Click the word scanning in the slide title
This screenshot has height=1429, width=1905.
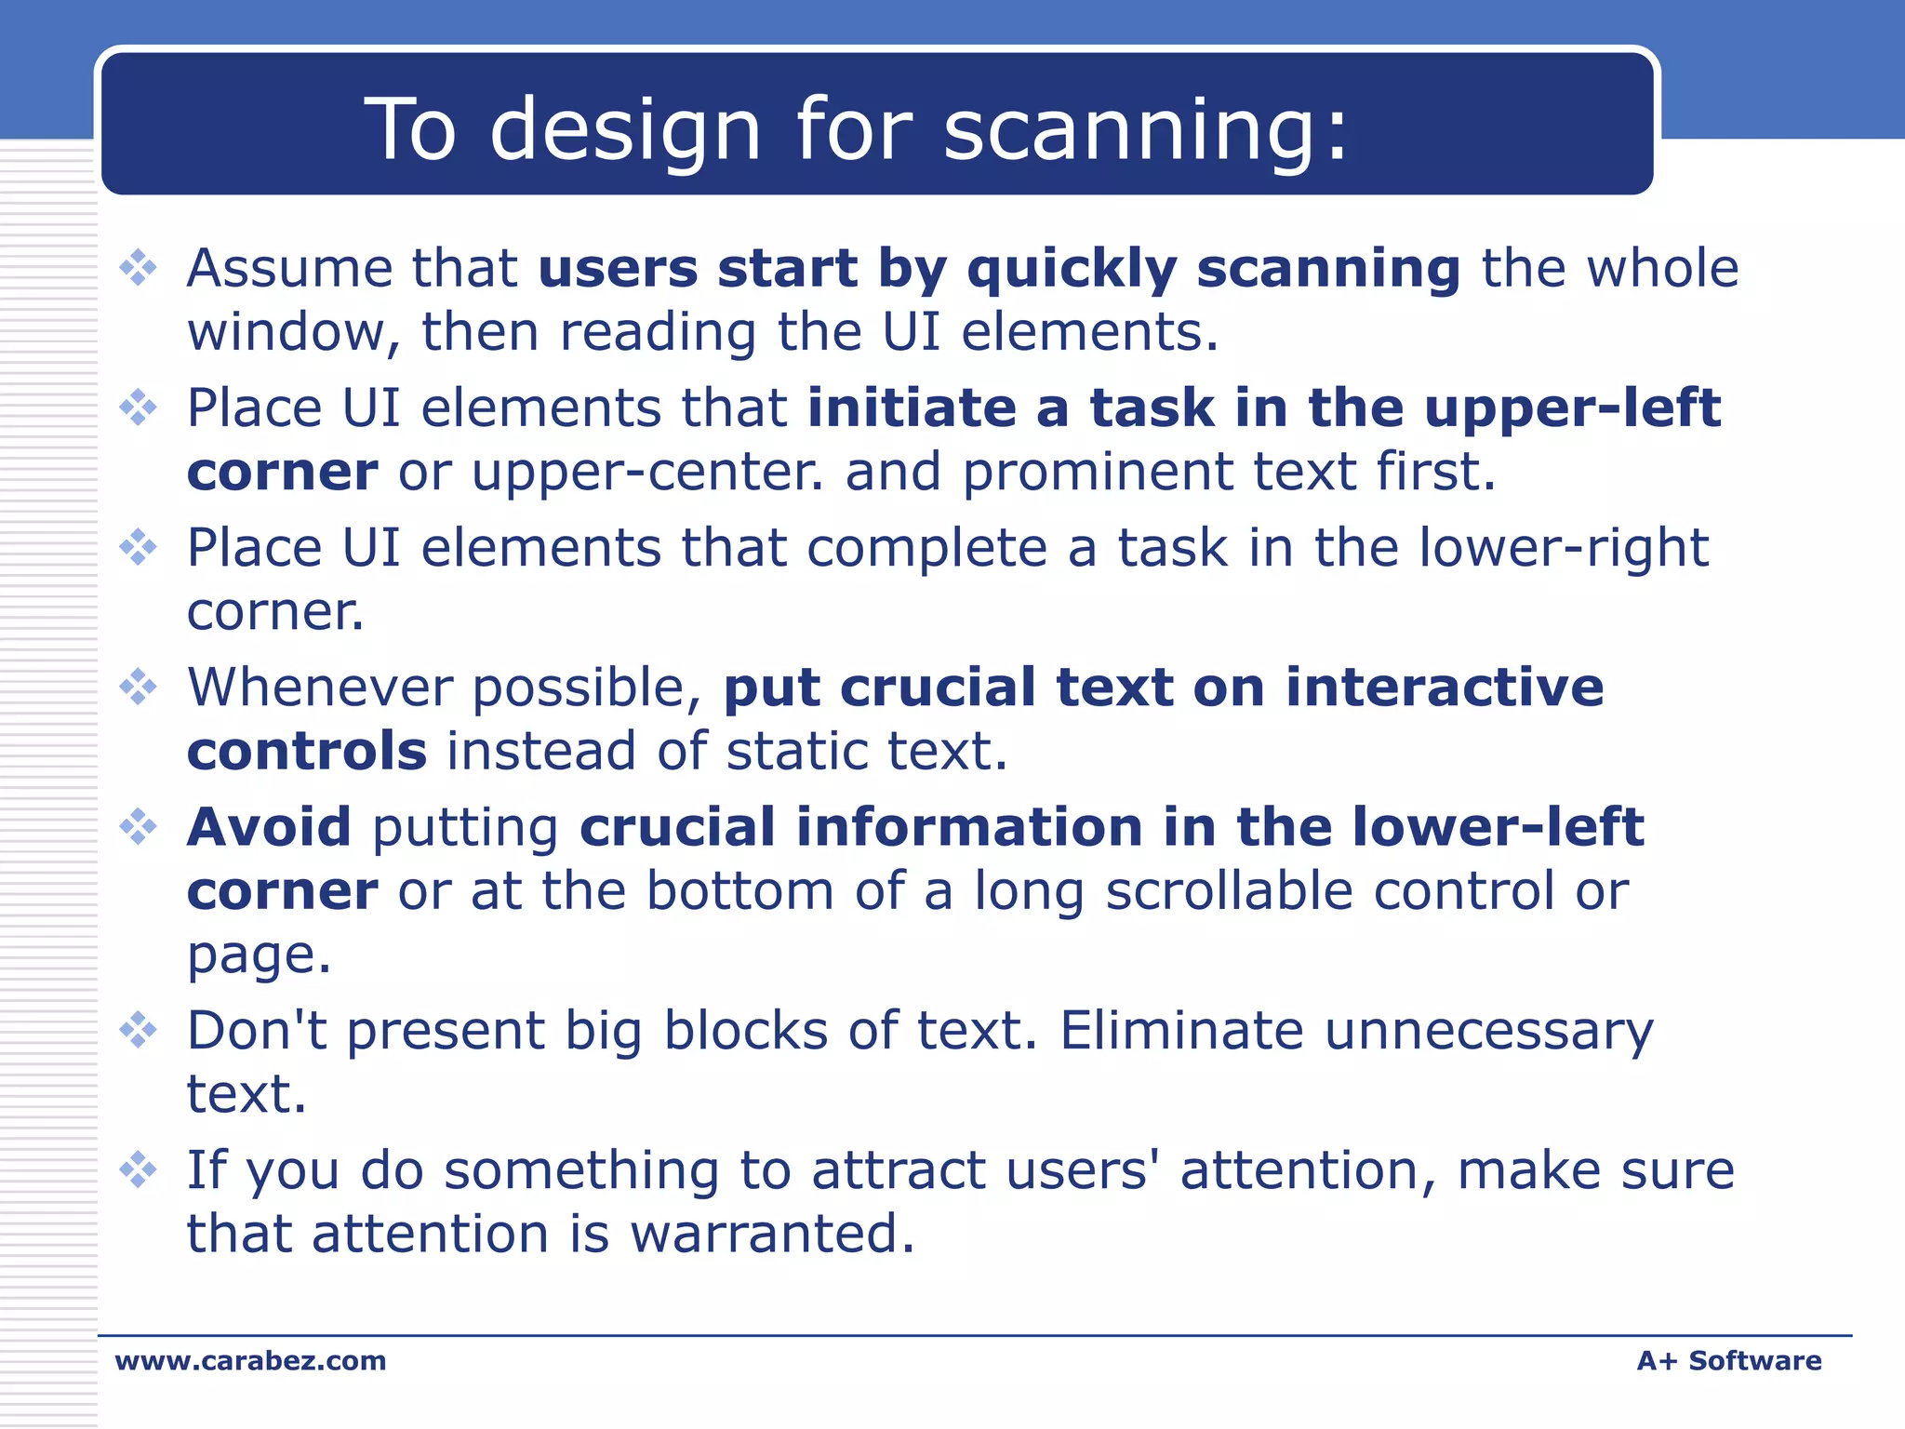coord(1144,130)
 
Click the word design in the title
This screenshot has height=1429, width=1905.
coord(625,130)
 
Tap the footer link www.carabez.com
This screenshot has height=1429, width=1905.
coord(250,1360)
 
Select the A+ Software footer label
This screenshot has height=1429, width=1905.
coord(1728,1360)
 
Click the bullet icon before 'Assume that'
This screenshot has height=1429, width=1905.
coord(139,268)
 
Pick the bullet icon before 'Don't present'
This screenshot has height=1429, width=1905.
coord(139,1030)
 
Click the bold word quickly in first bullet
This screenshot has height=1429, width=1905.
coord(1072,270)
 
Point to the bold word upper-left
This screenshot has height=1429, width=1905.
coord(1572,409)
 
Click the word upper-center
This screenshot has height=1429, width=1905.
coord(647,473)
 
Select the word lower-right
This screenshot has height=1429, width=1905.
coord(1564,548)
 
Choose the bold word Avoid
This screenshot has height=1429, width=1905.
coord(269,827)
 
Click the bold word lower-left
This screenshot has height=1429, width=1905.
coord(1498,827)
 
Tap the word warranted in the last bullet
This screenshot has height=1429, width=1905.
coord(772,1234)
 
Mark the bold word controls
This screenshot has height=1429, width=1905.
coord(307,752)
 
